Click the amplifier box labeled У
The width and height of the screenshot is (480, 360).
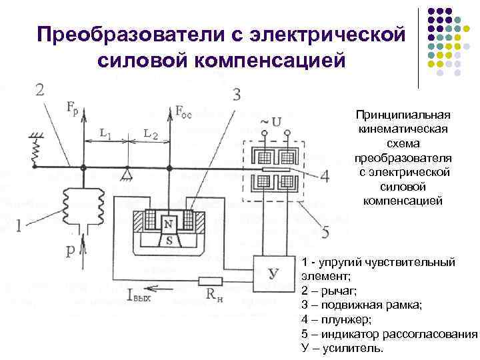pyautogui.click(x=272, y=271)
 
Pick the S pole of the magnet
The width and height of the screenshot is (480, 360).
pyautogui.click(x=169, y=240)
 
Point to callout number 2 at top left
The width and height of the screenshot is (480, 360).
pyautogui.click(x=40, y=89)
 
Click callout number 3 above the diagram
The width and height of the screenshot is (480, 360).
pyautogui.click(x=237, y=94)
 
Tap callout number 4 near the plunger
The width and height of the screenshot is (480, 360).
pyautogui.click(x=325, y=177)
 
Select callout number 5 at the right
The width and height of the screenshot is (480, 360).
pyautogui.click(x=325, y=232)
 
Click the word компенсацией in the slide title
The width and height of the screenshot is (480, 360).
pyautogui.click(x=221, y=61)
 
